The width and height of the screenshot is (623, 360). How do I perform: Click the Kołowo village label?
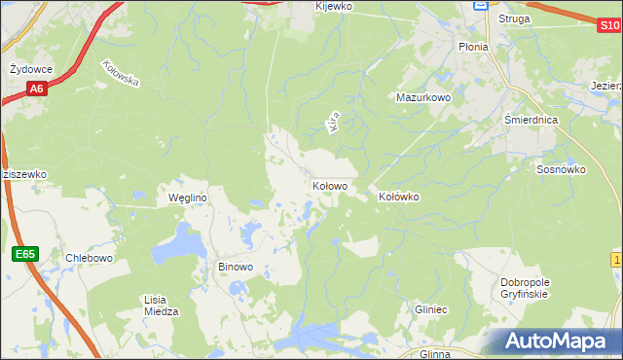[330, 185]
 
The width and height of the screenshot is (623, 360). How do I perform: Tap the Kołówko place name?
[398, 197]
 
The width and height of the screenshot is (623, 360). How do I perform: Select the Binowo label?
[235, 267]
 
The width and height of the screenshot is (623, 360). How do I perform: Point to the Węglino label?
[188, 198]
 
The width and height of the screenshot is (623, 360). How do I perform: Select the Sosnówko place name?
[561, 168]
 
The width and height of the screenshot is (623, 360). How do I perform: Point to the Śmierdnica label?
[531, 119]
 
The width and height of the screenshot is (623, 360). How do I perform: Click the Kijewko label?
[333, 6]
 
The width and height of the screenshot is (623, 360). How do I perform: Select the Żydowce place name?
[30, 69]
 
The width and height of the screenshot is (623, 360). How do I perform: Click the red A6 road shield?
[36, 90]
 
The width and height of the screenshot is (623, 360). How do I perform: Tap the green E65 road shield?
[25, 254]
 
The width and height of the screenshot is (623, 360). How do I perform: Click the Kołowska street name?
[121, 75]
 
